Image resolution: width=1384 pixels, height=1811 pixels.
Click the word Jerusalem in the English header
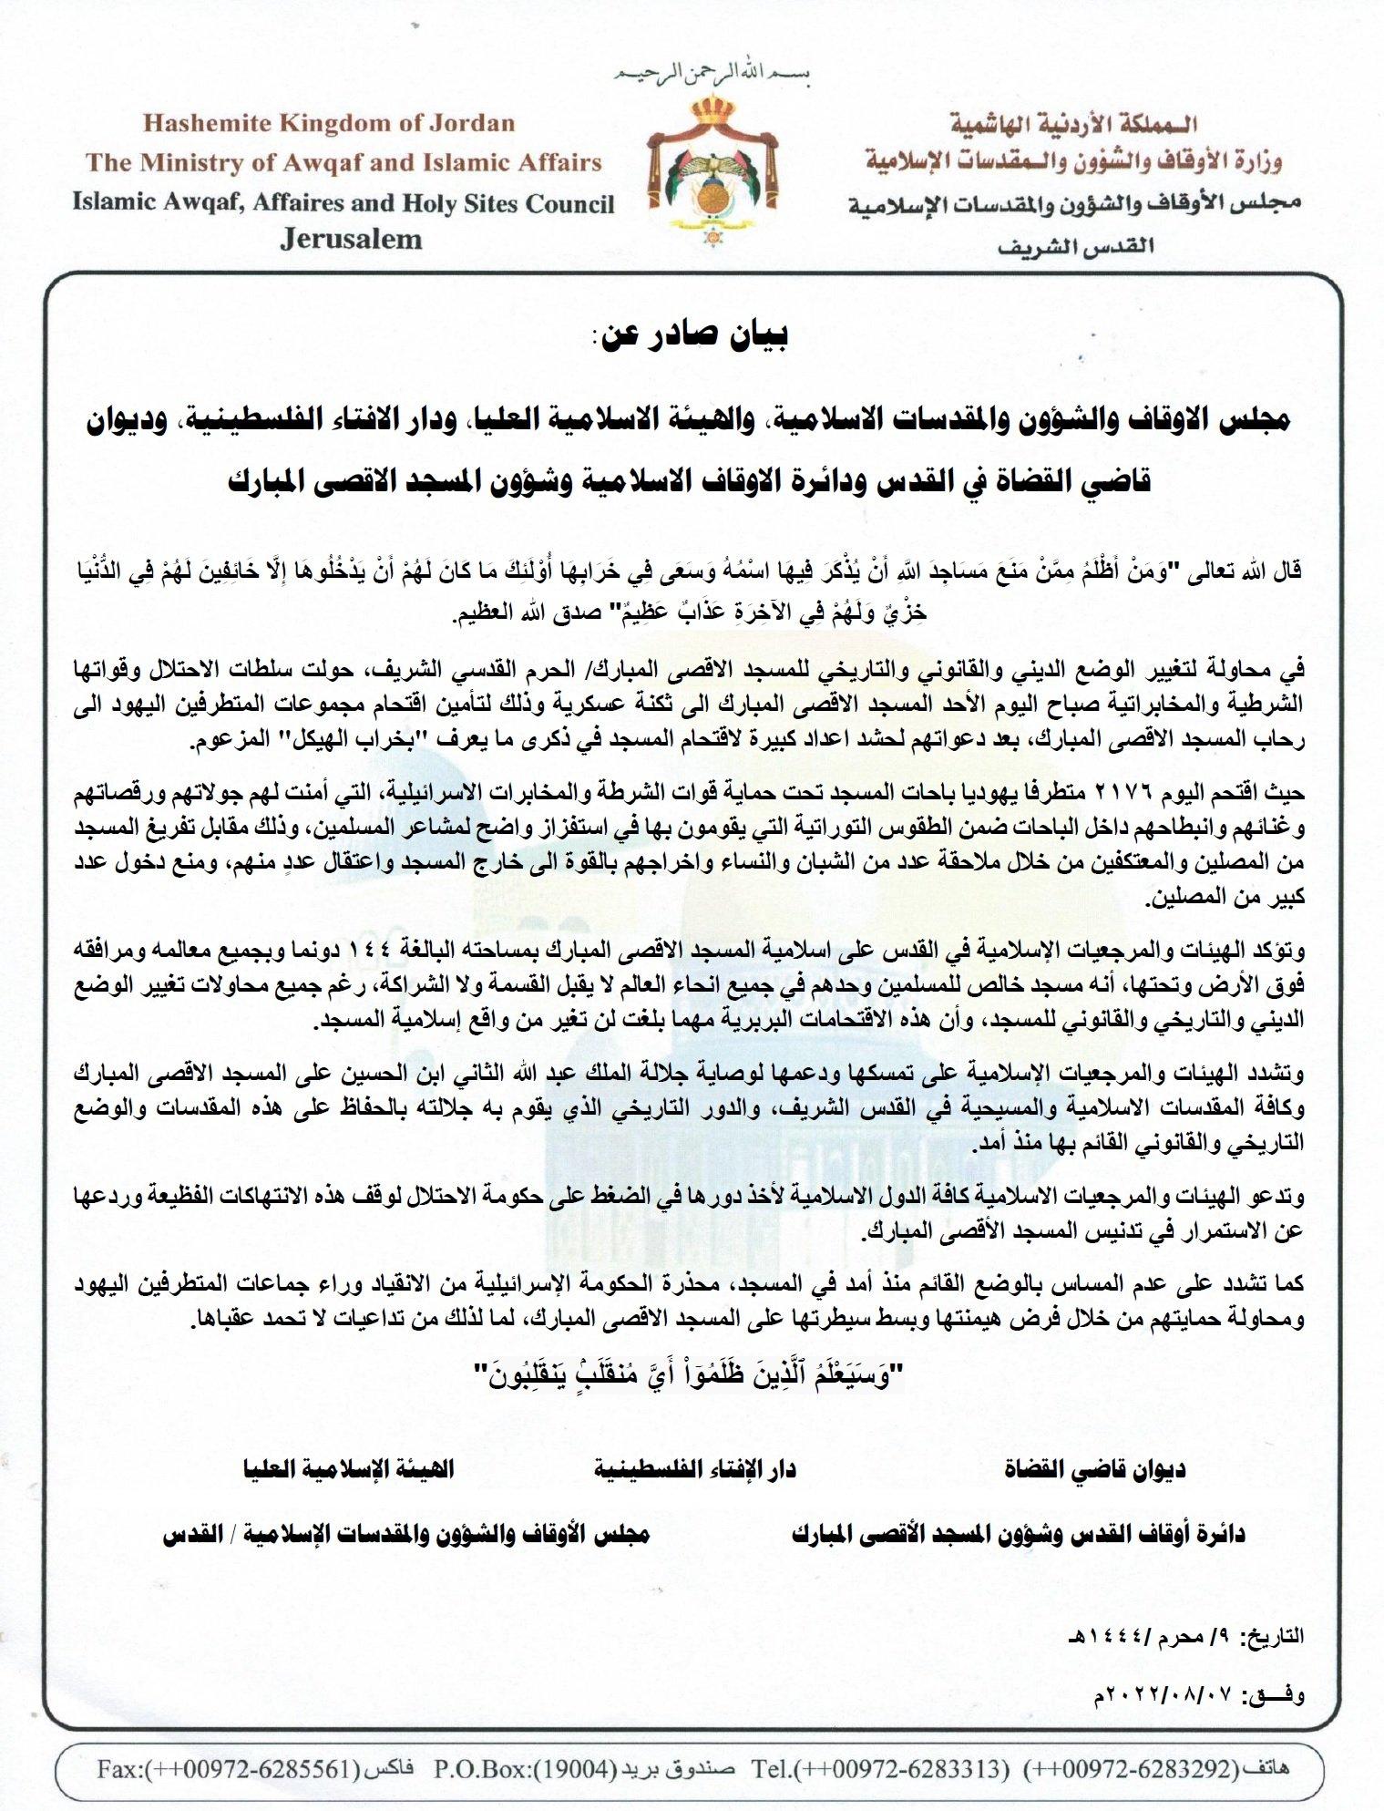click(x=352, y=240)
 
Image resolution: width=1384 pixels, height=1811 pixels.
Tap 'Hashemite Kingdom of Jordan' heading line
click(x=329, y=123)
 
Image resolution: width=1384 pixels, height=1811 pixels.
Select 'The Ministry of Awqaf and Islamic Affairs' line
click(x=344, y=162)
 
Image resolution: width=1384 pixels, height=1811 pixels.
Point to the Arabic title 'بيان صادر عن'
click(x=691, y=334)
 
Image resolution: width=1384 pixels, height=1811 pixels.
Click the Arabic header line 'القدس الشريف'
click(x=1075, y=246)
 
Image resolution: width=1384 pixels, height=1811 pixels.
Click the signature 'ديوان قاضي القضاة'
click(x=1094, y=1468)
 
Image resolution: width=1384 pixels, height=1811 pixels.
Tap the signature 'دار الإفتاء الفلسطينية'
click(x=695, y=1468)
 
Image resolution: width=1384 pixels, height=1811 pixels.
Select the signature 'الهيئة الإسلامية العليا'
click(x=348, y=1468)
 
